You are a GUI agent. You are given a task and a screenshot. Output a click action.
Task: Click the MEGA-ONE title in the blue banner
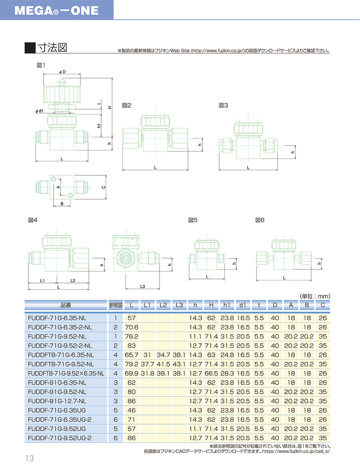(x=56, y=11)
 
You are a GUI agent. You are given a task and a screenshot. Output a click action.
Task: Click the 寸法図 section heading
(x=52, y=48)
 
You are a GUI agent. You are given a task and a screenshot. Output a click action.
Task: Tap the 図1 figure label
(x=41, y=65)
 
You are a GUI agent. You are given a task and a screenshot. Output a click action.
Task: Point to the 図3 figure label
(x=223, y=105)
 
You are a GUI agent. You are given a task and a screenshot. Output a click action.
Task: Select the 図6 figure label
(x=260, y=220)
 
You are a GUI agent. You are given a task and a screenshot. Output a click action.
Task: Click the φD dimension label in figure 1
(x=62, y=72)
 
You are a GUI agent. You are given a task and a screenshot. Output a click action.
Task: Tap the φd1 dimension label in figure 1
(x=39, y=111)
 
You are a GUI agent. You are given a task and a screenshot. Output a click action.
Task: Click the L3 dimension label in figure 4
(x=143, y=287)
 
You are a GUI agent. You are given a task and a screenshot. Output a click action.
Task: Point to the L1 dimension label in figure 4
(x=42, y=281)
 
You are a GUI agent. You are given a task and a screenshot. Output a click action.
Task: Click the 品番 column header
(x=66, y=305)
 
